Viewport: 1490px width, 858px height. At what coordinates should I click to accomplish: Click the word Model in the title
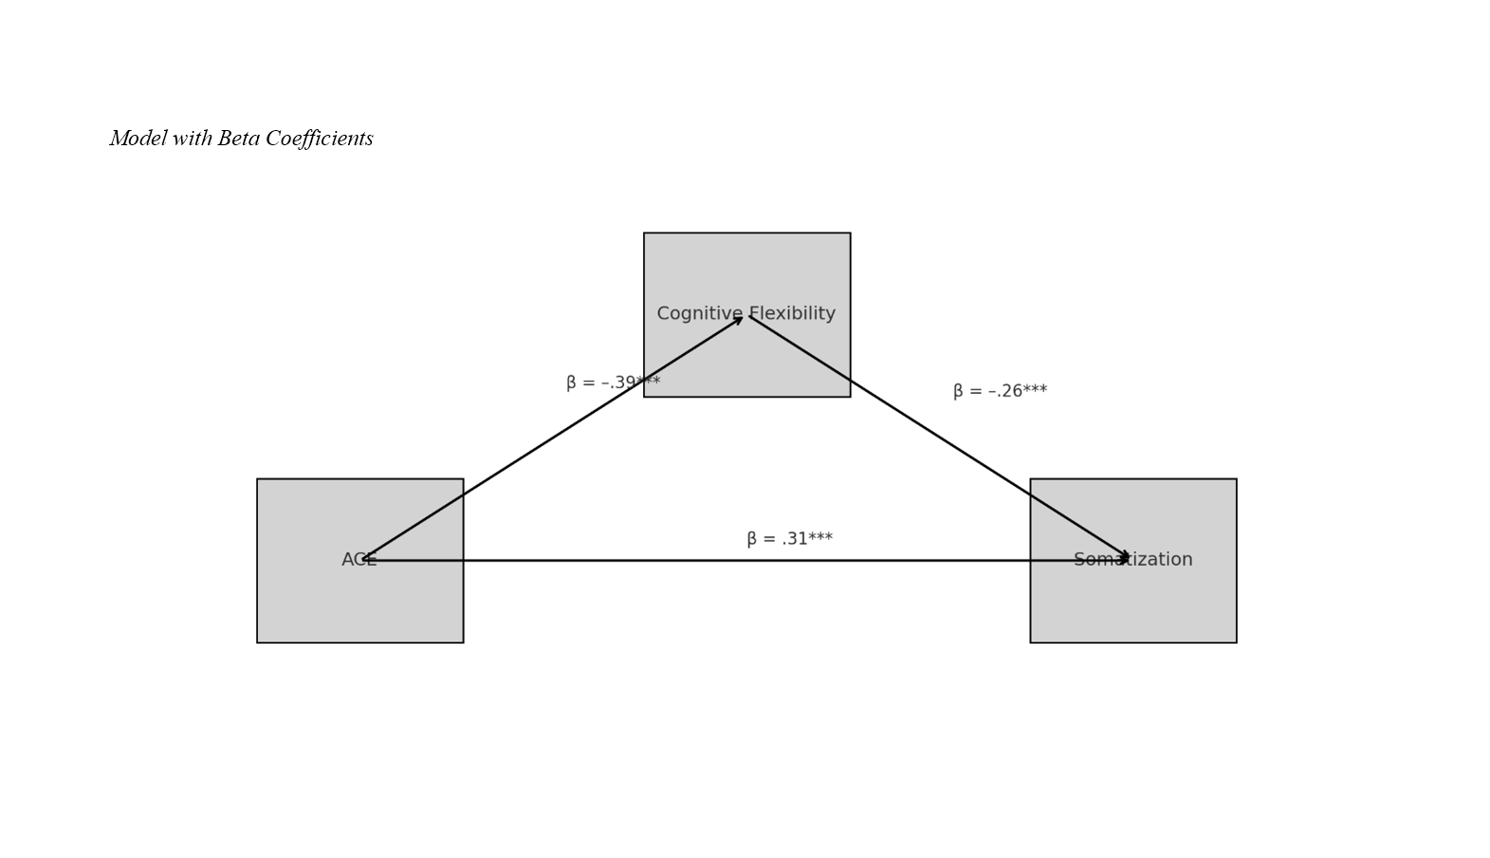pos(138,139)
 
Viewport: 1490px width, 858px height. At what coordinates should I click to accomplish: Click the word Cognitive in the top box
pos(695,314)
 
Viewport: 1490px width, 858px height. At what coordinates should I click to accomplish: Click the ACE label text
pos(359,560)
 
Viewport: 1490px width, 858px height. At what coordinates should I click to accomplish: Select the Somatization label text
pos(1132,560)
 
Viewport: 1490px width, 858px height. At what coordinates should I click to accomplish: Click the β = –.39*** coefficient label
pos(613,382)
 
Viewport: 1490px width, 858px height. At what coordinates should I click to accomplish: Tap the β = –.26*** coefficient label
pos(1000,391)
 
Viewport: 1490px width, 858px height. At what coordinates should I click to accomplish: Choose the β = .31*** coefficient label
pos(789,539)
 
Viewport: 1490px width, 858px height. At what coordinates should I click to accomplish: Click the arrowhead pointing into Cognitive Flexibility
pos(738,320)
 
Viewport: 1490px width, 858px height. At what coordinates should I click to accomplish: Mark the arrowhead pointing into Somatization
pos(1125,558)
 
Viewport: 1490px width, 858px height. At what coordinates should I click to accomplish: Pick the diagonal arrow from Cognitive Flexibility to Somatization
pos(939,438)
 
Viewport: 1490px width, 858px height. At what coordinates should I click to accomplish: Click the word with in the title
pos(192,139)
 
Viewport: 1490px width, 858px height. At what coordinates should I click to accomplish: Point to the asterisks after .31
pos(820,538)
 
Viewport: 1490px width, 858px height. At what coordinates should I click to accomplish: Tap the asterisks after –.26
pos(1035,390)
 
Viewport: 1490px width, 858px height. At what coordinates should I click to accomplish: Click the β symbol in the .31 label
pos(752,540)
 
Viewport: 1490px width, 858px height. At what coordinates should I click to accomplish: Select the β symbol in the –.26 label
pos(958,392)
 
